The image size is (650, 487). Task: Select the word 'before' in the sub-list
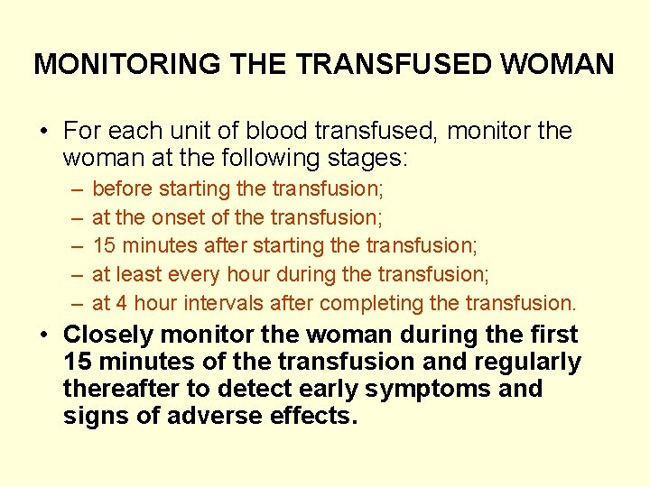click(x=123, y=189)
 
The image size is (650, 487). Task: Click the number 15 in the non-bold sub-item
click(x=104, y=246)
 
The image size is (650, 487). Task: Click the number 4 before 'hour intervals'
click(x=124, y=303)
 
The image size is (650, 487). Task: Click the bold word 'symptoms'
click(x=420, y=390)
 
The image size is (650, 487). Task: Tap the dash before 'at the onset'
click(x=73, y=217)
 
